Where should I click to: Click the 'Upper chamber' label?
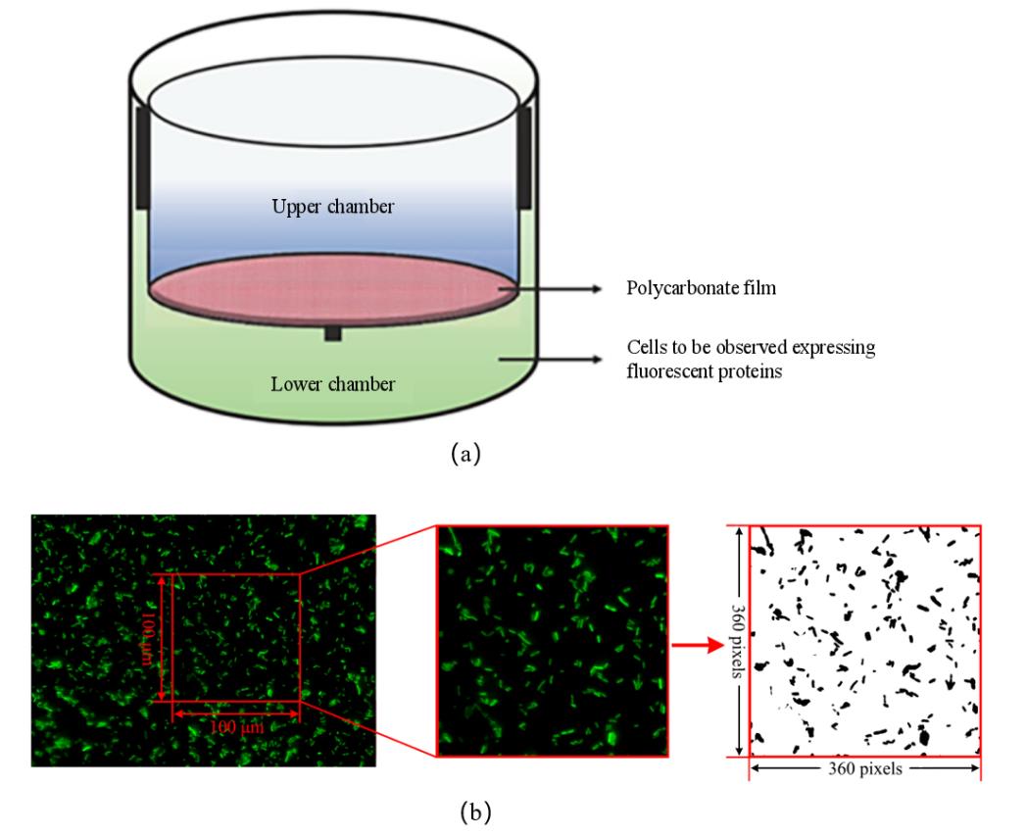point(334,210)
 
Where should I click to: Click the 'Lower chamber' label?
point(333,384)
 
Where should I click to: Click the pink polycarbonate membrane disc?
point(333,290)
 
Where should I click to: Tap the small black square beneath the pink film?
point(333,334)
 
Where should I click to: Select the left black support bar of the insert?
point(142,157)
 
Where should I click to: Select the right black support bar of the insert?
point(524,157)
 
